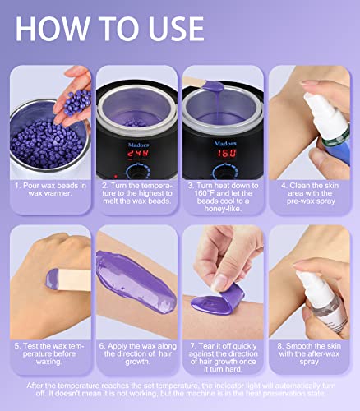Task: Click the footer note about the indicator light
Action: (x=180, y=392)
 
